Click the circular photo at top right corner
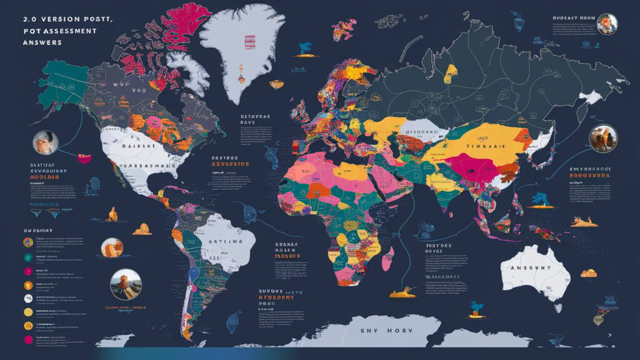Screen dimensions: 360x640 click(x=606, y=24)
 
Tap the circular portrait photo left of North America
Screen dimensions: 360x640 click(x=46, y=143)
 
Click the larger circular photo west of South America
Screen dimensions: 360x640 click(x=126, y=284)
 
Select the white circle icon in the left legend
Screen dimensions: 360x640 click(x=27, y=284)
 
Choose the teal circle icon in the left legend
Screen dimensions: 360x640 click(x=27, y=257)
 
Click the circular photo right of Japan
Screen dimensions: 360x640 click(x=603, y=138)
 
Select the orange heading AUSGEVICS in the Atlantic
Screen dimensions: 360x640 click(x=229, y=164)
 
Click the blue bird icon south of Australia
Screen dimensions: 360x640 click(x=477, y=306)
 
